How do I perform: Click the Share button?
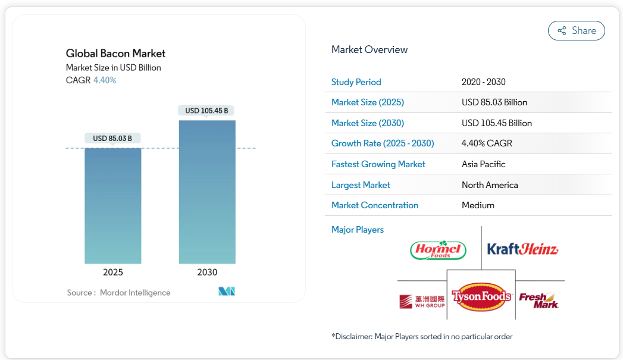pyautogui.click(x=576, y=31)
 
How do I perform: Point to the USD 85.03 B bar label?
pyautogui.click(x=112, y=139)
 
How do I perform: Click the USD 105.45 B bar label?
pyautogui.click(x=206, y=111)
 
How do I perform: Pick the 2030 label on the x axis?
pyautogui.click(x=207, y=273)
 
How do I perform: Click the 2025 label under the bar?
pyautogui.click(x=113, y=273)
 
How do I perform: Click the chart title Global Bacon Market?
pyautogui.click(x=115, y=54)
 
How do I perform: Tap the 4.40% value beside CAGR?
pyautogui.click(x=105, y=80)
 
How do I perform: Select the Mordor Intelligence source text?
pyautogui.click(x=135, y=293)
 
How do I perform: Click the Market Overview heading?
pyautogui.click(x=370, y=50)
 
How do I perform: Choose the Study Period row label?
pyautogui.click(x=356, y=82)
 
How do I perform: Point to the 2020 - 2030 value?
pyautogui.click(x=483, y=82)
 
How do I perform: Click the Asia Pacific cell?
pyautogui.click(x=483, y=164)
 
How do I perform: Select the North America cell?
pyautogui.click(x=490, y=185)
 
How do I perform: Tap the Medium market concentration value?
pyautogui.click(x=478, y=205)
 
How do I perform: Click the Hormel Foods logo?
pyautogui.click(x=439, y=250)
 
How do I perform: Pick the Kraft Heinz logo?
pyautogui.click(x=522, y=249)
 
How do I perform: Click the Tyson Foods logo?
pyautogui.click(x=481, y=296)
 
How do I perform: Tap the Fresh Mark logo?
pyautogui.click(x=539, y=300)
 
